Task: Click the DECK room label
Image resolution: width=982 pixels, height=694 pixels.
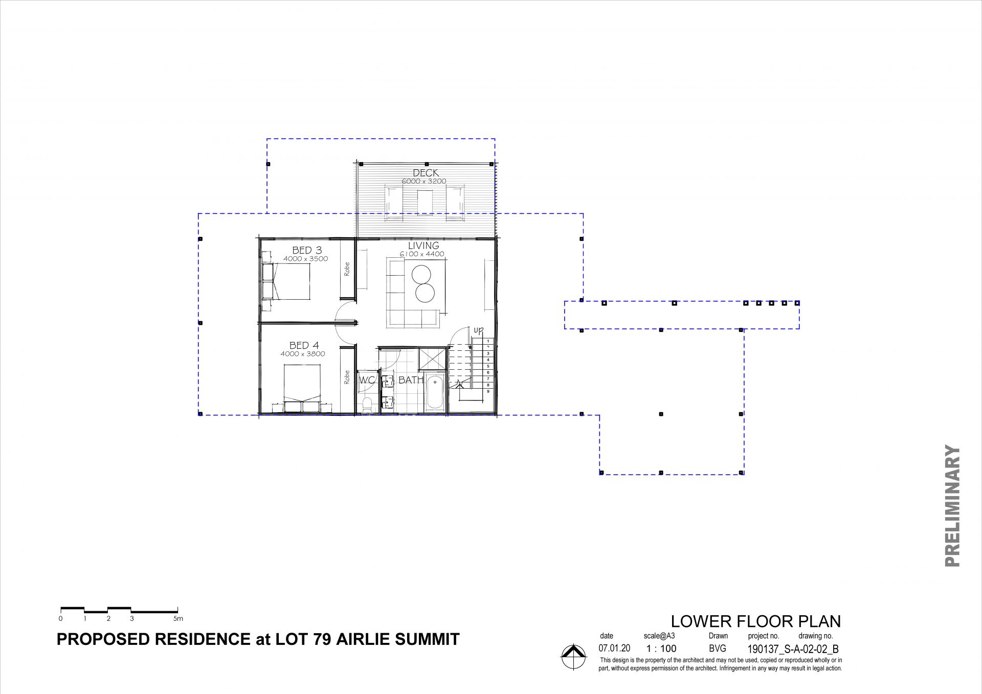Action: point(426,173)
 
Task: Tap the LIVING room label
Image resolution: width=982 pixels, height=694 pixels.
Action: point(423,245)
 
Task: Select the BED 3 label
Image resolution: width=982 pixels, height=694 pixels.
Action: point(307,250)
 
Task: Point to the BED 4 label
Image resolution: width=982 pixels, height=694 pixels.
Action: point(304,346)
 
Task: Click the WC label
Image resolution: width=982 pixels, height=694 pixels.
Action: point(368,380)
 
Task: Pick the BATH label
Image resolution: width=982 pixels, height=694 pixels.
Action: point(411,380)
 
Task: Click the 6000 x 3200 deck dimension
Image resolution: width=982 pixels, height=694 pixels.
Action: point(424,181)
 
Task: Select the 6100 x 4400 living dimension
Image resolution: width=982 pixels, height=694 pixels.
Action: point(422,254)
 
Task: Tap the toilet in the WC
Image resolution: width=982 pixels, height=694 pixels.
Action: point(367,406)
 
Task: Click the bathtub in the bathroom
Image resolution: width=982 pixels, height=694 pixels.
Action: point(435,392)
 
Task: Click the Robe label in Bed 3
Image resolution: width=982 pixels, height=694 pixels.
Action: point(347,269)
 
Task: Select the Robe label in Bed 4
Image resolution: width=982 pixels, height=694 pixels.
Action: point(347,377)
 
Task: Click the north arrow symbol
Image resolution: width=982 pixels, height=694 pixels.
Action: point(573,656)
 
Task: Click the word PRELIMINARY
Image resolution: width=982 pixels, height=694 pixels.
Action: point(952,506)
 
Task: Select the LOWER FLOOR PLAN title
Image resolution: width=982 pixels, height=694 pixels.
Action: point(755,621)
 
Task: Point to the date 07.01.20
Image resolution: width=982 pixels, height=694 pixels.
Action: point(614,648)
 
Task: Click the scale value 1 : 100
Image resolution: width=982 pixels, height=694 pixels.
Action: point(661,648)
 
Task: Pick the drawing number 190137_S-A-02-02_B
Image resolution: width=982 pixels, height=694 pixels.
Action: point(793,650)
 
